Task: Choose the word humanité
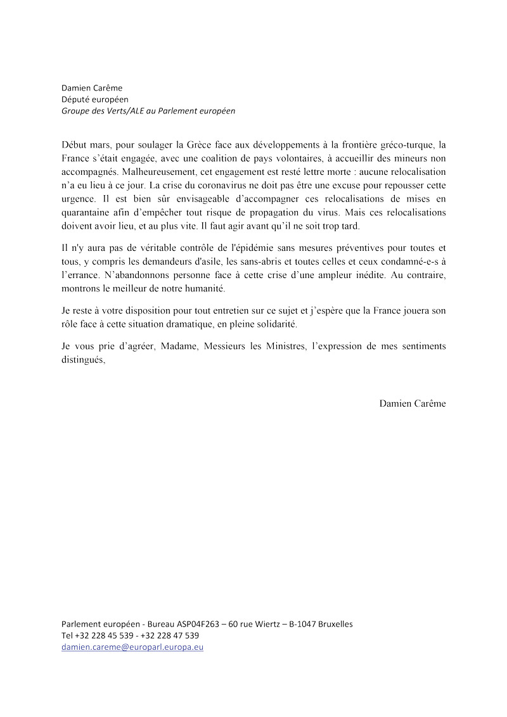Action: pos(204,288)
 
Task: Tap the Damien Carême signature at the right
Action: pos(413,403)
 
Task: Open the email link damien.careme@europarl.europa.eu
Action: pos(132,647)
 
